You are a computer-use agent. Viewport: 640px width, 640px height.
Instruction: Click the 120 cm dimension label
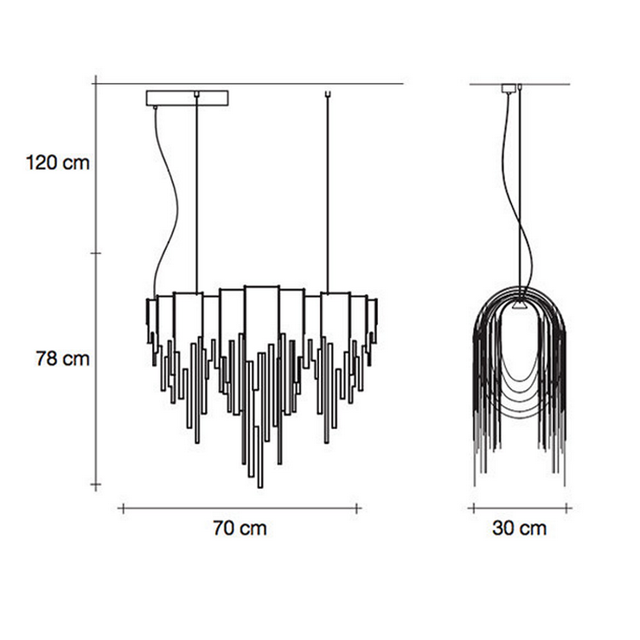58,163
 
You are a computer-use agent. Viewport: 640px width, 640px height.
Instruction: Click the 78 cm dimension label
62,358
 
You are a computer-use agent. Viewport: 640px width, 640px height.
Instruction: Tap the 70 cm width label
240,528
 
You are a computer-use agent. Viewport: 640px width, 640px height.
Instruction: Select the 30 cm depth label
519,528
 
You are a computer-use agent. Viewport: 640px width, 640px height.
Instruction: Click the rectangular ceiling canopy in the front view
187,98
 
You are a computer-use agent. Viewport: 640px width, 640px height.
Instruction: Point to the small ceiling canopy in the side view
509,88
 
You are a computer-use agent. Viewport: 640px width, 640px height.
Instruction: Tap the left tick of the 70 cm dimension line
123,509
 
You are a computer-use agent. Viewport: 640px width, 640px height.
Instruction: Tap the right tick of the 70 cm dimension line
357,509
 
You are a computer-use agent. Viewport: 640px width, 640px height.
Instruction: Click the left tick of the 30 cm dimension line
473,509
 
